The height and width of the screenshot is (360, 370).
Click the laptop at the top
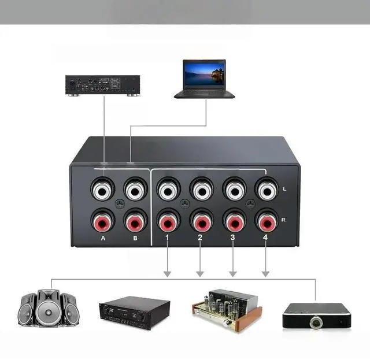204,79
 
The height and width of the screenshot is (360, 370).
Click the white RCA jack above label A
102,190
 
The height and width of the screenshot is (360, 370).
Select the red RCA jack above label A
102,222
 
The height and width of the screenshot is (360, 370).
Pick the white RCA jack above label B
134,190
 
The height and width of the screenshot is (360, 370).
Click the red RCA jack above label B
134,222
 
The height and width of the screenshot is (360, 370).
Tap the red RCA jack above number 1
168,222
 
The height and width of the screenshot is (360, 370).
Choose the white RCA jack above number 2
201,190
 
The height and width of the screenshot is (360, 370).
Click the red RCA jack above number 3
234,222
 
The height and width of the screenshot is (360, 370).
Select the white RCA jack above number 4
267,190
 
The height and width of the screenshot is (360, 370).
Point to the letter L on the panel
284,189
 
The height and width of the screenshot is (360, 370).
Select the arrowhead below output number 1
168,272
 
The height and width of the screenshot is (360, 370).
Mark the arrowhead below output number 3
234,272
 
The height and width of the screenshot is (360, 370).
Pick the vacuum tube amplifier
226,309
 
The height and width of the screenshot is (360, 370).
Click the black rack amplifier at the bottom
134,313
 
